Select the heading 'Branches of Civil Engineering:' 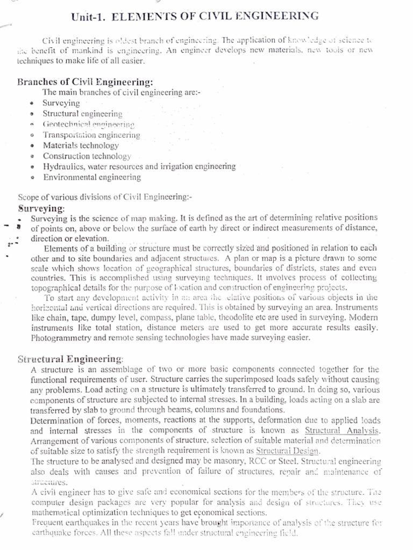(x=86, y=82)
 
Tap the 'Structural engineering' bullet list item (x=82, y=114)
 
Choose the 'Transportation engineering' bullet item (x=91, y=135)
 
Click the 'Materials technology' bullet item (x=81, y=146)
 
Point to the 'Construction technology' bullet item (x=87, y=156)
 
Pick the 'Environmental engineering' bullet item (x=92, y=177)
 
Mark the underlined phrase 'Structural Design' (x=287, y=451)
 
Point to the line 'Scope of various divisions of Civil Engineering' (x=105, y=197)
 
